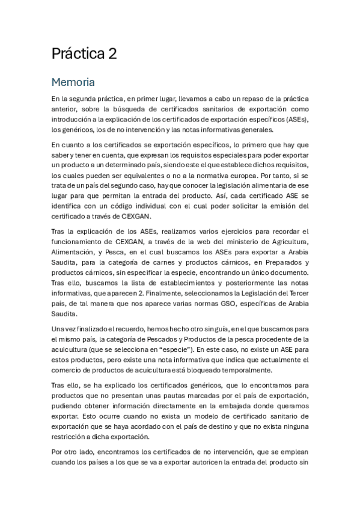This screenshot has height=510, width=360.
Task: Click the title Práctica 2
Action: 84,54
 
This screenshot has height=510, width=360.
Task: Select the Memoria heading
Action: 74,81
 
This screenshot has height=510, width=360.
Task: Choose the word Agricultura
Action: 285,242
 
